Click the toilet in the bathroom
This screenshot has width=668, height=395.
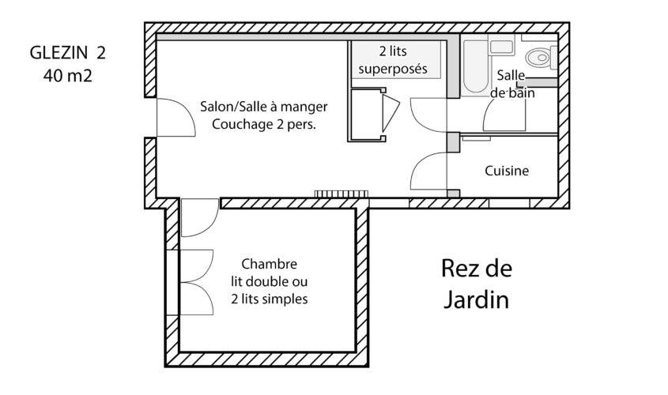click(x=541, y=57)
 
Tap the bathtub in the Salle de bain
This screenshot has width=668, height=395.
click(x=475, y=67)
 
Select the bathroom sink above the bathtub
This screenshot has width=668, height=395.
click(x=501, y=45)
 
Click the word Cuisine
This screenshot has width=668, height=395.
click(x=507, y=171)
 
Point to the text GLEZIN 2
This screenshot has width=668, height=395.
click(x=68, y=53)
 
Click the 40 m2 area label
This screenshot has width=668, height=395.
click(x=68, y=76)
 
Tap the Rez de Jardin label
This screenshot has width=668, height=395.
click(x=476, y=284)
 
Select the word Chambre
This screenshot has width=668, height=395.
click(x=270, y=264)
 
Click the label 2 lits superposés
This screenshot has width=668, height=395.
click(x=393, y=60)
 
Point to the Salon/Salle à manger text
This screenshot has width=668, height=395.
click(x=264, y=107)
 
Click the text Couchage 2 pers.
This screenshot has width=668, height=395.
click(x=264, y=124)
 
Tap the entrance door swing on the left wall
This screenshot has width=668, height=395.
click(x=176, y=118)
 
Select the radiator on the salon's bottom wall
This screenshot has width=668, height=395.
click(x=342, y=194)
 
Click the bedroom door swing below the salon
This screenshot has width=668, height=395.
click(x=200, y=217)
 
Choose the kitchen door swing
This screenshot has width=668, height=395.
click(x=428, y=171)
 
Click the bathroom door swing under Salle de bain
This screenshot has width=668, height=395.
click(x=504, y=114)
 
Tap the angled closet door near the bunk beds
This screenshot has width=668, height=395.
click(x=391, y=113)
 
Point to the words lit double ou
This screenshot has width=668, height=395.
click(x=270, y=281)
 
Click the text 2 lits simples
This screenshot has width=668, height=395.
click(x=270, y=299)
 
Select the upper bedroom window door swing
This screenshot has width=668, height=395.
click(x=196, y=266)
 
